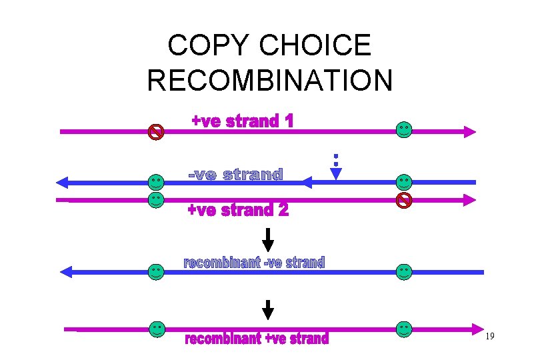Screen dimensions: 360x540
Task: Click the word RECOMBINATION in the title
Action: (x=270, y=80)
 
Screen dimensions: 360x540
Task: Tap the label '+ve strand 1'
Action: (x=242, y=121)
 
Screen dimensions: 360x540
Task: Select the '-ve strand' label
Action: (x=235, y=175)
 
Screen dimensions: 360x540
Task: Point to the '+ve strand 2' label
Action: (x=238, y=211)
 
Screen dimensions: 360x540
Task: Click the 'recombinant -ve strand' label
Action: (x=253, y=263)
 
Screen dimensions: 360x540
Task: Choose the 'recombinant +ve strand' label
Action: (x=257, y=339)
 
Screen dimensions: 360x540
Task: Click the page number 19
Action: (x=489, y=336)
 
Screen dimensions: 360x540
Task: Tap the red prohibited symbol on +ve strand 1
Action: (x=155, y=131)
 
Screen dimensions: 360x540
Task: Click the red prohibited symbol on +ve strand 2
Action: (x=404, y=200)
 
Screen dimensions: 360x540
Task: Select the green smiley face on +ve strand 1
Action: (x=404, y=129)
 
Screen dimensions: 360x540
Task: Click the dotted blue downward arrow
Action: (x=336, y=168)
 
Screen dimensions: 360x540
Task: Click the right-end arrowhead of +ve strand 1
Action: (x=469, y=132)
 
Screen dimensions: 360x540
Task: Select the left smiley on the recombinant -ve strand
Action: (x=155, y=271)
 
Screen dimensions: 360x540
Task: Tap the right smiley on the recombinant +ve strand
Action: (x=404, y=329)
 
